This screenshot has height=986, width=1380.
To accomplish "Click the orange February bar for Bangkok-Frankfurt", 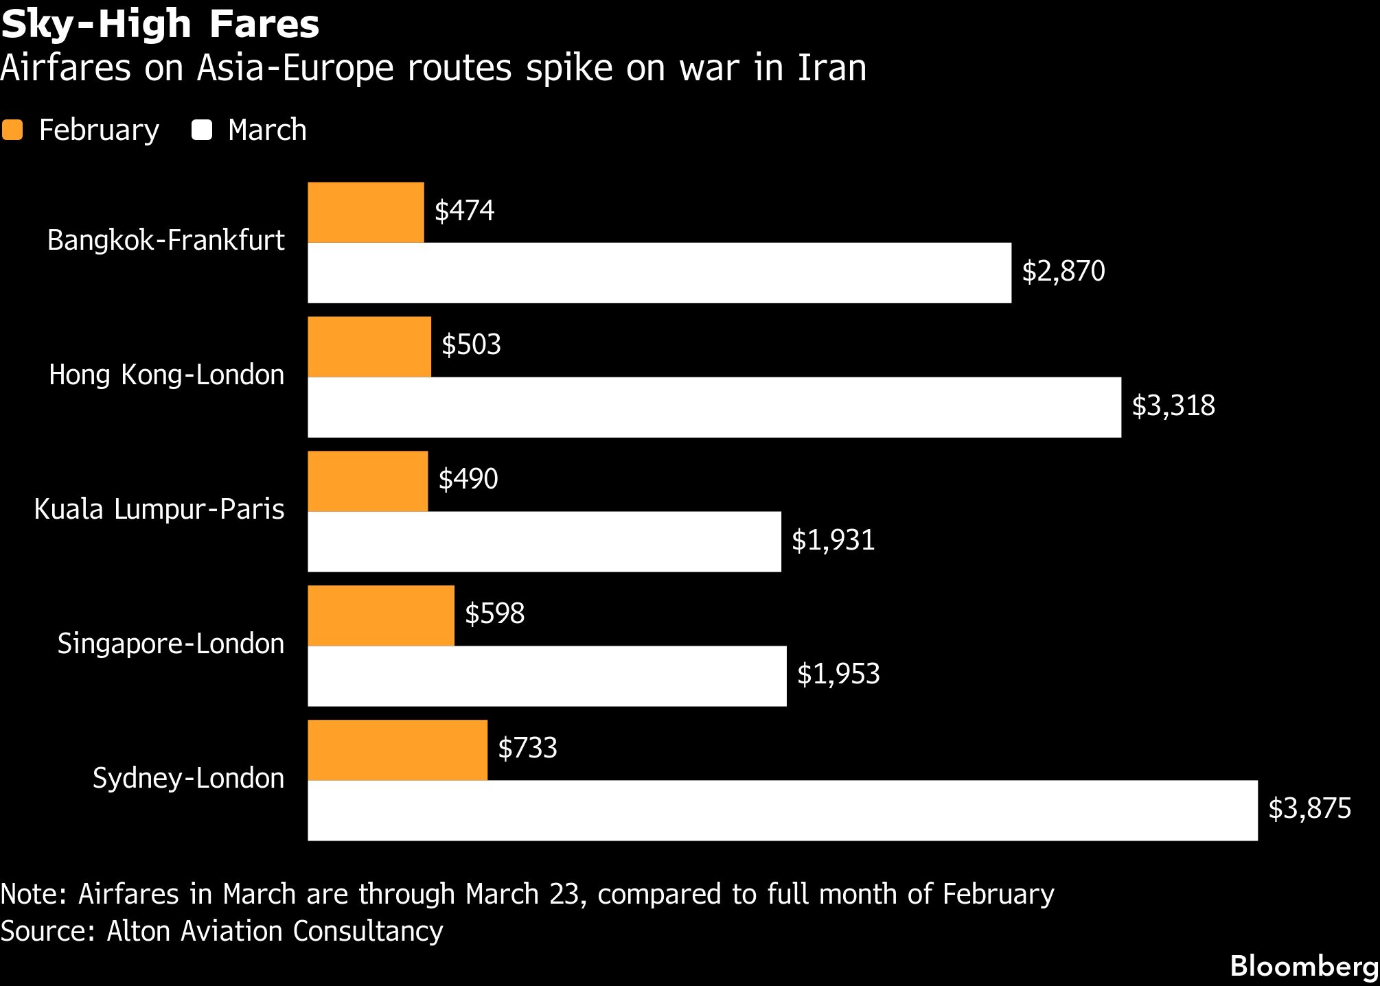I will pyautogui.click(x=365, y=212).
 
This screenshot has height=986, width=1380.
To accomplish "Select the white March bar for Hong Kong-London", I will pyautogui.click(x=714, y=407).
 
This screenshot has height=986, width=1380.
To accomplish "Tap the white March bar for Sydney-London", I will pyautogui.click(x=782, y=810).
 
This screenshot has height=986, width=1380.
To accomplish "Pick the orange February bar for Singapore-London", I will pyautogui.click(x=380, y=615).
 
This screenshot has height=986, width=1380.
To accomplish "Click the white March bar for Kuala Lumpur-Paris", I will pyautogui.click(x=544, y=541).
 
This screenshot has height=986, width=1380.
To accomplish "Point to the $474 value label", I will pyautogui.click(x=464, y=211).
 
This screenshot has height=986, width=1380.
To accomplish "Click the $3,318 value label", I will pyautogui.click(x=1173, y=406).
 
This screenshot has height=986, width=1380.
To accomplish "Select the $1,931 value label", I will pyautogui.click(x=833, y=541).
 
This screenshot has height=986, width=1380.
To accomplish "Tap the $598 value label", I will pyautogui.click(x=494, y=613).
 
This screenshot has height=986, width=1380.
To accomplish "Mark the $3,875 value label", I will pyautogui.click(x=1309, y=809).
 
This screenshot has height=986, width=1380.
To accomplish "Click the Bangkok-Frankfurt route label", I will pyautogui.click(x=165, y=241).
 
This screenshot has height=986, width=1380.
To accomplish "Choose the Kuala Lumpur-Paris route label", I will pyautogui.click(x=159, y=510).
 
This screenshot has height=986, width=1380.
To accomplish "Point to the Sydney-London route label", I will pyautogui.click(x=188, y=779).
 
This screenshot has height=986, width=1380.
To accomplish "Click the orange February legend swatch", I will pyautogui.click(x=12, y=130).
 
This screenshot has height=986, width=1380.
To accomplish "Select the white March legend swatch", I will pyautogui.click(x=202, y=130).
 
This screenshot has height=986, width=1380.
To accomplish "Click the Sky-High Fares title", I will pyautogui.click(x=160, y=24).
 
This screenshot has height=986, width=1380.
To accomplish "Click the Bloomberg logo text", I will pyautogui.click(x=1304, y=967).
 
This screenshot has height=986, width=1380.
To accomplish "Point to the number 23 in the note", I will pyautogui.click(x=564, y=895).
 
